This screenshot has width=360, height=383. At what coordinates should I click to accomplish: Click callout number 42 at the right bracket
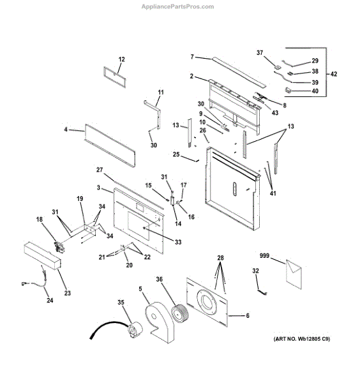pyautogui.click(x=334, y=74)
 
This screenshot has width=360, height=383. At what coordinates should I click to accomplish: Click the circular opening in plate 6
pyautogui.click(x=207, y=303)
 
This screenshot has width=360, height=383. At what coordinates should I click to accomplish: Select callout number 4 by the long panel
pyautogui.click(x=66, y=131)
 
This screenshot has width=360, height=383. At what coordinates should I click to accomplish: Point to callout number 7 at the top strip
pyautogui.click(x=192, y=57)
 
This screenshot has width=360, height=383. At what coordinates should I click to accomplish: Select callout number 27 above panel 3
pyautogui.click(x=100, y=169)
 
